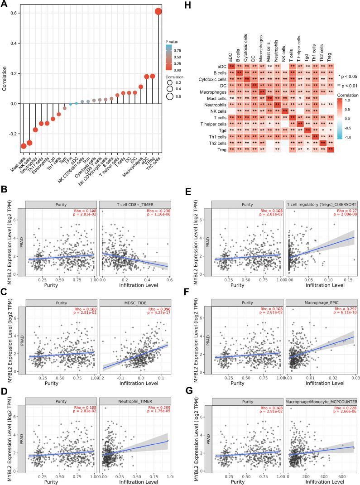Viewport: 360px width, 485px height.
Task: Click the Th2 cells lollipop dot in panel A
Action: [x=158, y=11]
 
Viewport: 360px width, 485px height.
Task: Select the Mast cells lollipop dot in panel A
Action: [x=24, y=146]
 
